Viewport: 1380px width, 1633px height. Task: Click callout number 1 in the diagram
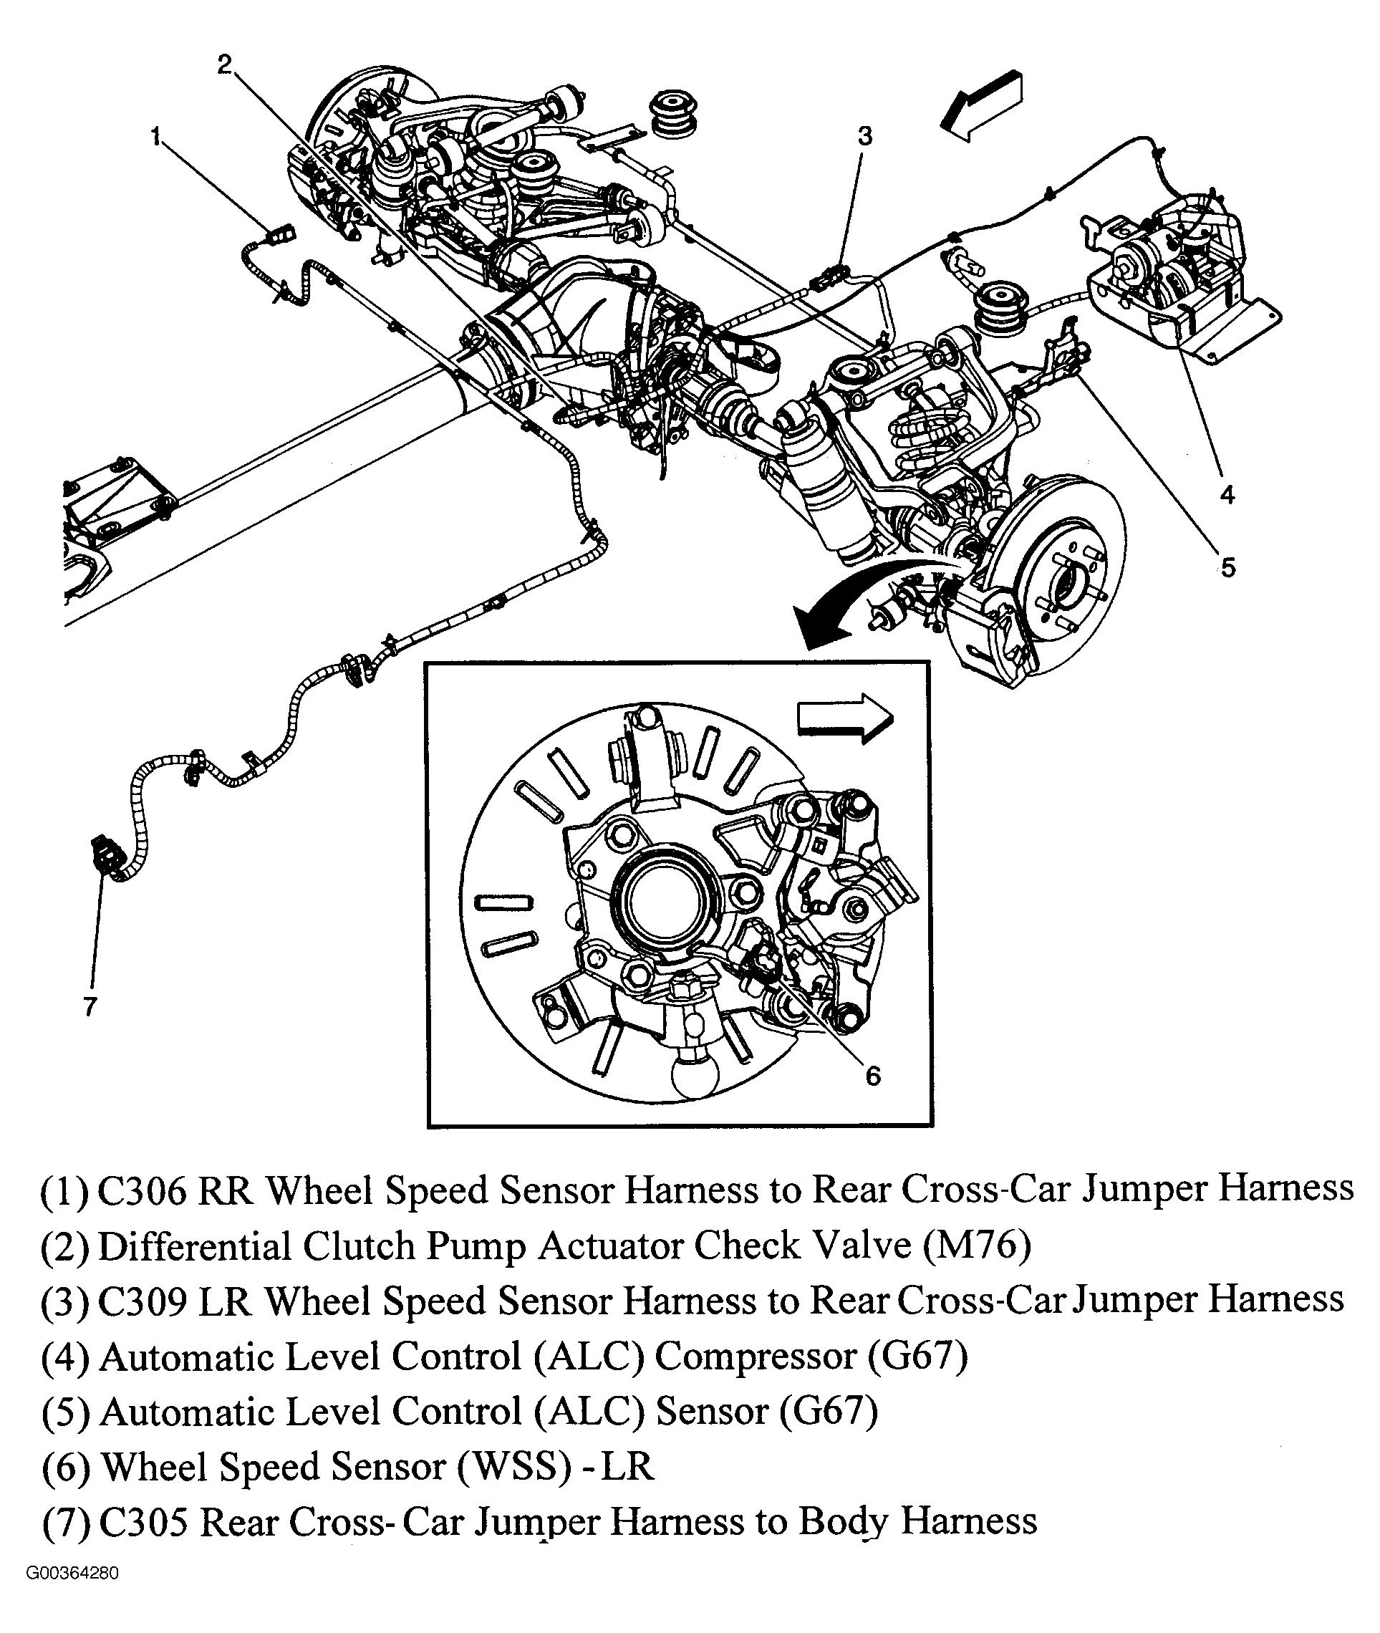155,138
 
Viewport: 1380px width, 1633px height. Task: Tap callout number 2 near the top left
225,64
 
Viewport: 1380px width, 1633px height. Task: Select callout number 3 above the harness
864,136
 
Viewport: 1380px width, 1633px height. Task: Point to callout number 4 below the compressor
1227,494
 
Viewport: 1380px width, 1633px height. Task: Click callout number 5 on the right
1227,568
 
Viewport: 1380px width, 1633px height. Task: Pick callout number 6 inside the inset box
873,1076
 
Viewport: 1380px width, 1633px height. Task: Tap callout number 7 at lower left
90,1006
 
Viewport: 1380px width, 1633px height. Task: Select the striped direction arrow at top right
982,105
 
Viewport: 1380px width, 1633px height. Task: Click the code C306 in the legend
143,1190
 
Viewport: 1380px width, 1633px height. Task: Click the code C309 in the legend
143,1301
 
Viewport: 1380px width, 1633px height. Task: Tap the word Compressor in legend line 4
755,1357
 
